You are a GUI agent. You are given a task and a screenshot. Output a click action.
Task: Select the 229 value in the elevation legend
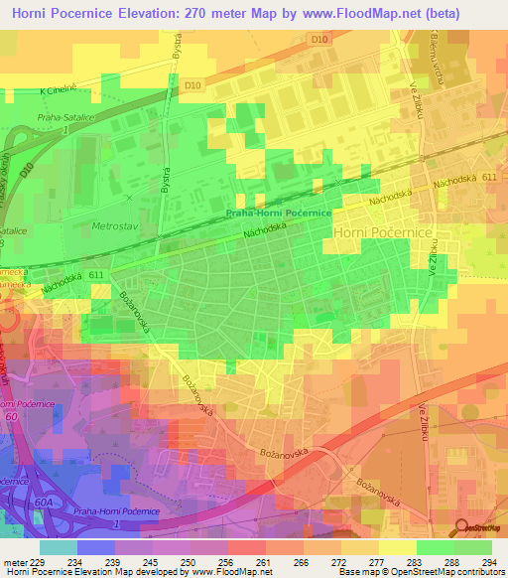tap(40, 561)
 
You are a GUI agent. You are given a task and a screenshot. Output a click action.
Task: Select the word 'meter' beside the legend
tap(14, 561)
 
